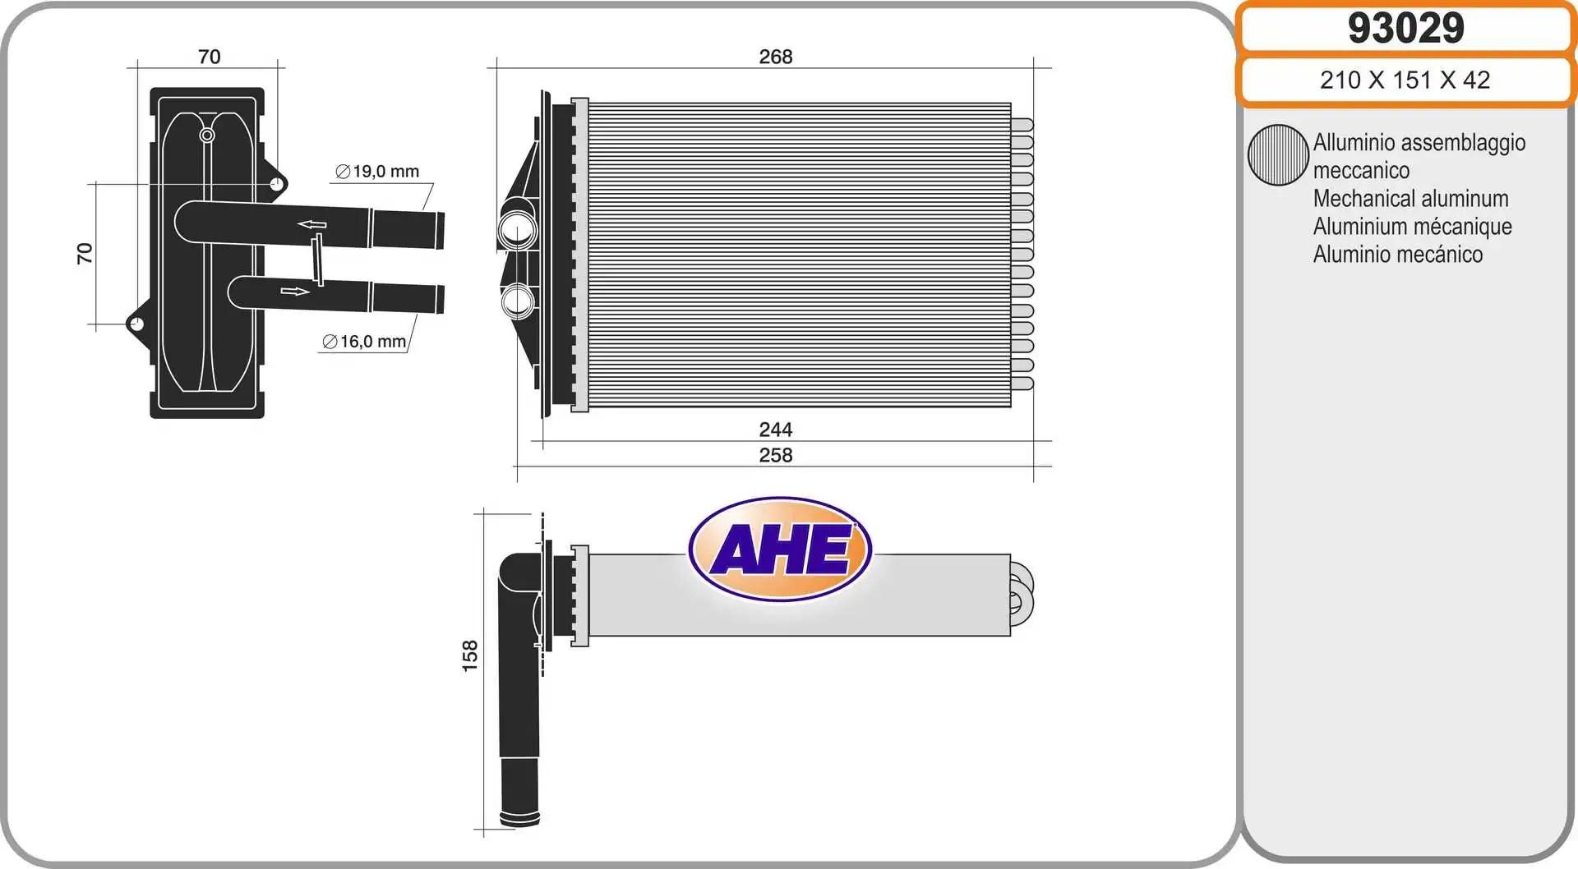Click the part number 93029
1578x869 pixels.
[x=1405, y=28]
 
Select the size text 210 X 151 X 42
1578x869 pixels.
[x=1405, y=80]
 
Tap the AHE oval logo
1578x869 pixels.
[x=780, y=549]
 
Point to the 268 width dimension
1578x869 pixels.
[x=775, y=57]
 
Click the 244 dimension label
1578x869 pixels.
[x=775, y=430]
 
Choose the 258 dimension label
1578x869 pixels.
[x=775, y=455]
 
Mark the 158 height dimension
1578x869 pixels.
[x=470, y=655]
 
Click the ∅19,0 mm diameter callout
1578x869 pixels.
[x=377, y=172]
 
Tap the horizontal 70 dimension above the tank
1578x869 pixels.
[x=210, y=57]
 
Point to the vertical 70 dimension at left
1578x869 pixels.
[x=85, y=253]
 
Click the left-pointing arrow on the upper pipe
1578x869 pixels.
[x=312, y=224]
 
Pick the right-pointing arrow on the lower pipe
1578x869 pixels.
[x=295, y=291]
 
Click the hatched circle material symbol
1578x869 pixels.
[x=1277, y=154]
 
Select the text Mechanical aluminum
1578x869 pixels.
[x=1410, y=199]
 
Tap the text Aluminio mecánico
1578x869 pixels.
[x=1397, y=255]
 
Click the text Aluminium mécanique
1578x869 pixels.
[x=1412, y=227]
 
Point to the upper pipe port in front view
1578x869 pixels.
[x=518, y=229]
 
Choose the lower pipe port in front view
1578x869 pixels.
[x=518, y=301]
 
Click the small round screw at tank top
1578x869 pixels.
[x=207, y=135]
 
